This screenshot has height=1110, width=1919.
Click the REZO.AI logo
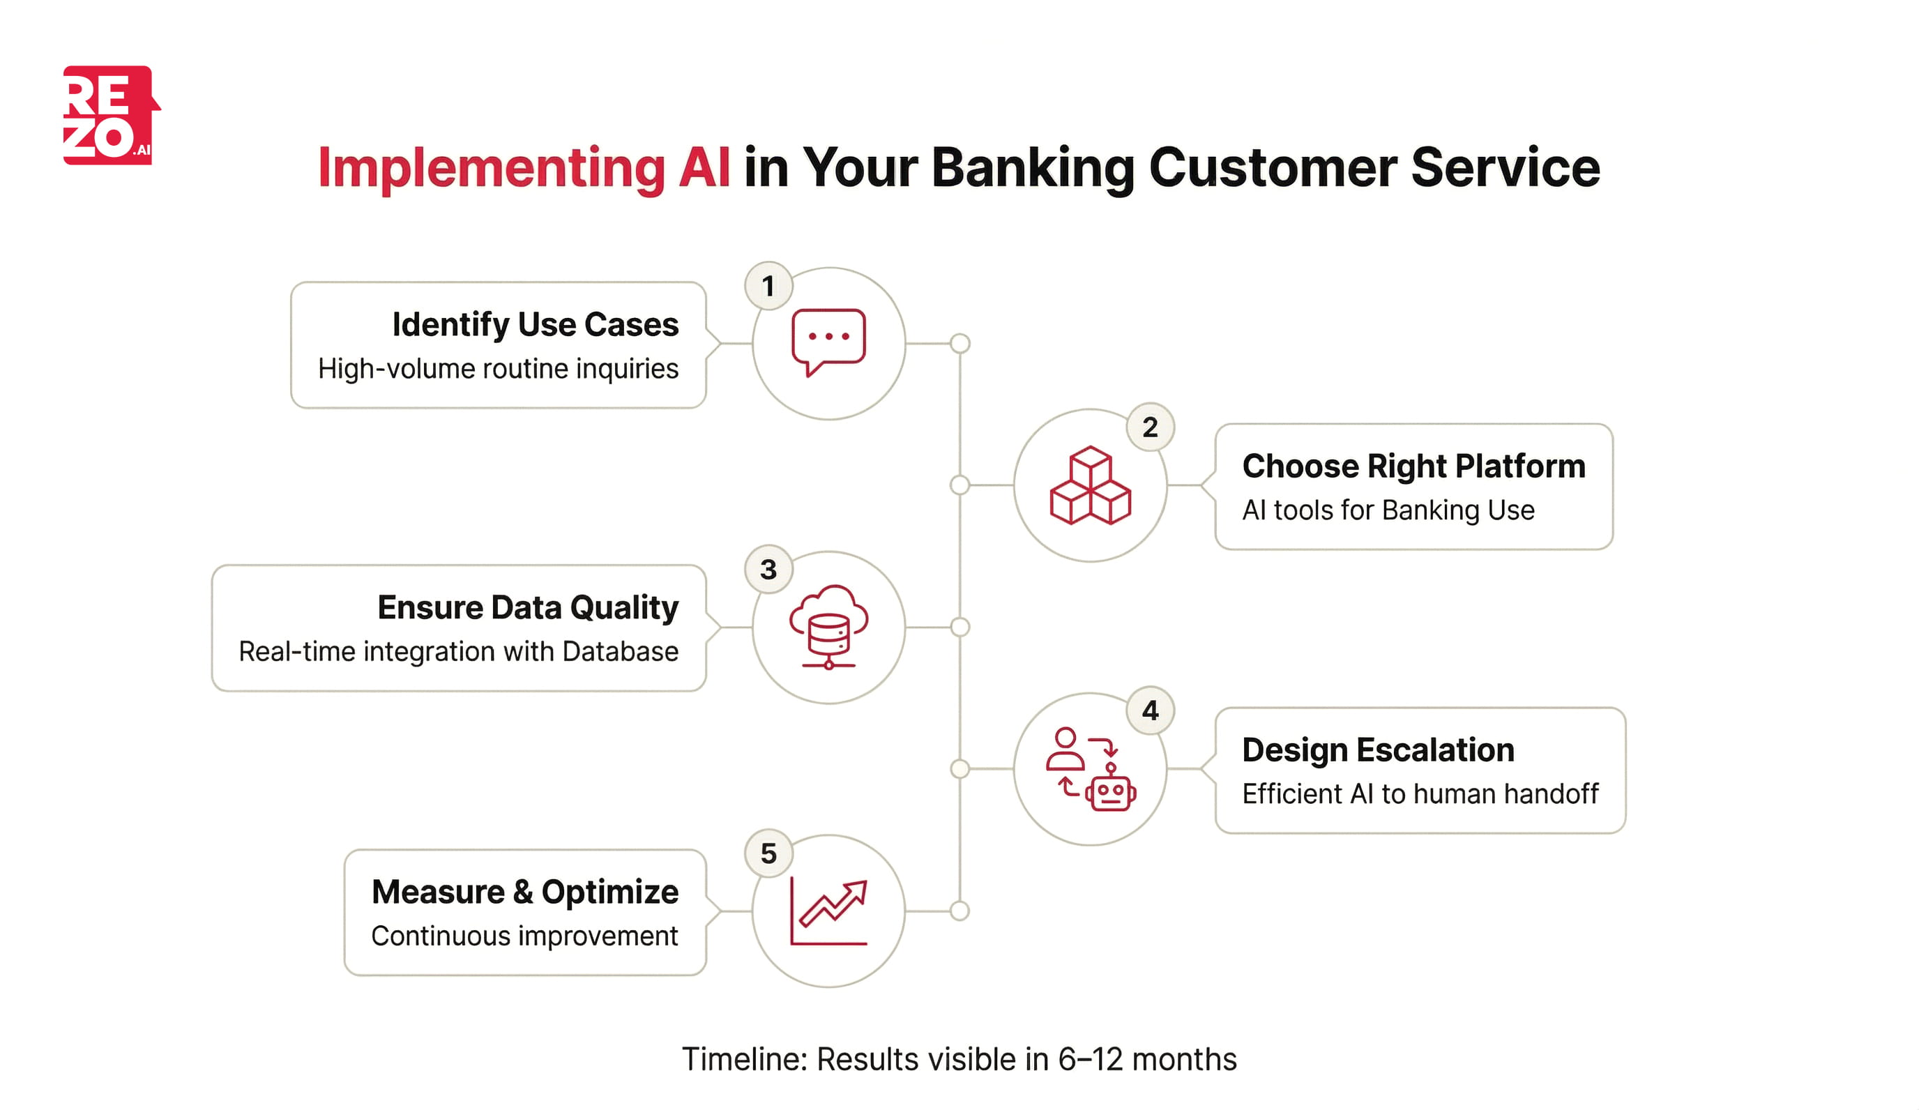tap(110, 115)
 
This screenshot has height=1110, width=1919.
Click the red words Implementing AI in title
tap(523, 167)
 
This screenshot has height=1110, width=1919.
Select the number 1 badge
tap(768, 287)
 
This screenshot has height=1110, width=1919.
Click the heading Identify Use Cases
tap(535, 324)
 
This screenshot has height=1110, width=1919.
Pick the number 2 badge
tap(1150, 427)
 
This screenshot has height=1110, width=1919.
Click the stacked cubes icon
tap(1090, 486)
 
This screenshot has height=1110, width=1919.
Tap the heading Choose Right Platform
tap(1413, 466)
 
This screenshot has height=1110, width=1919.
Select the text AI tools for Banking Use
tap(1388, 510)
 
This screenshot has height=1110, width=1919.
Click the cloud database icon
tap(828, 626)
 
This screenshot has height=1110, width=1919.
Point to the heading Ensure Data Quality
tap(528, 607)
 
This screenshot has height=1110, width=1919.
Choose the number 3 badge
tap(768, 570)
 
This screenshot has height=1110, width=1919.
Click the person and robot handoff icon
tap(1090, 769)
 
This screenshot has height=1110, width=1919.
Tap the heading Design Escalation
tap(1378, 750)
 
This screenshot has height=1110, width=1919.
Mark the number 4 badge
tap(1150, 711)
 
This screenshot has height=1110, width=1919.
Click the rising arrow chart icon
tap(828, 911)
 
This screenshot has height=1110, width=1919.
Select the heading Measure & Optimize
tap(524, 892)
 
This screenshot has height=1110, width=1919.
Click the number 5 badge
tap(768, 853)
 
